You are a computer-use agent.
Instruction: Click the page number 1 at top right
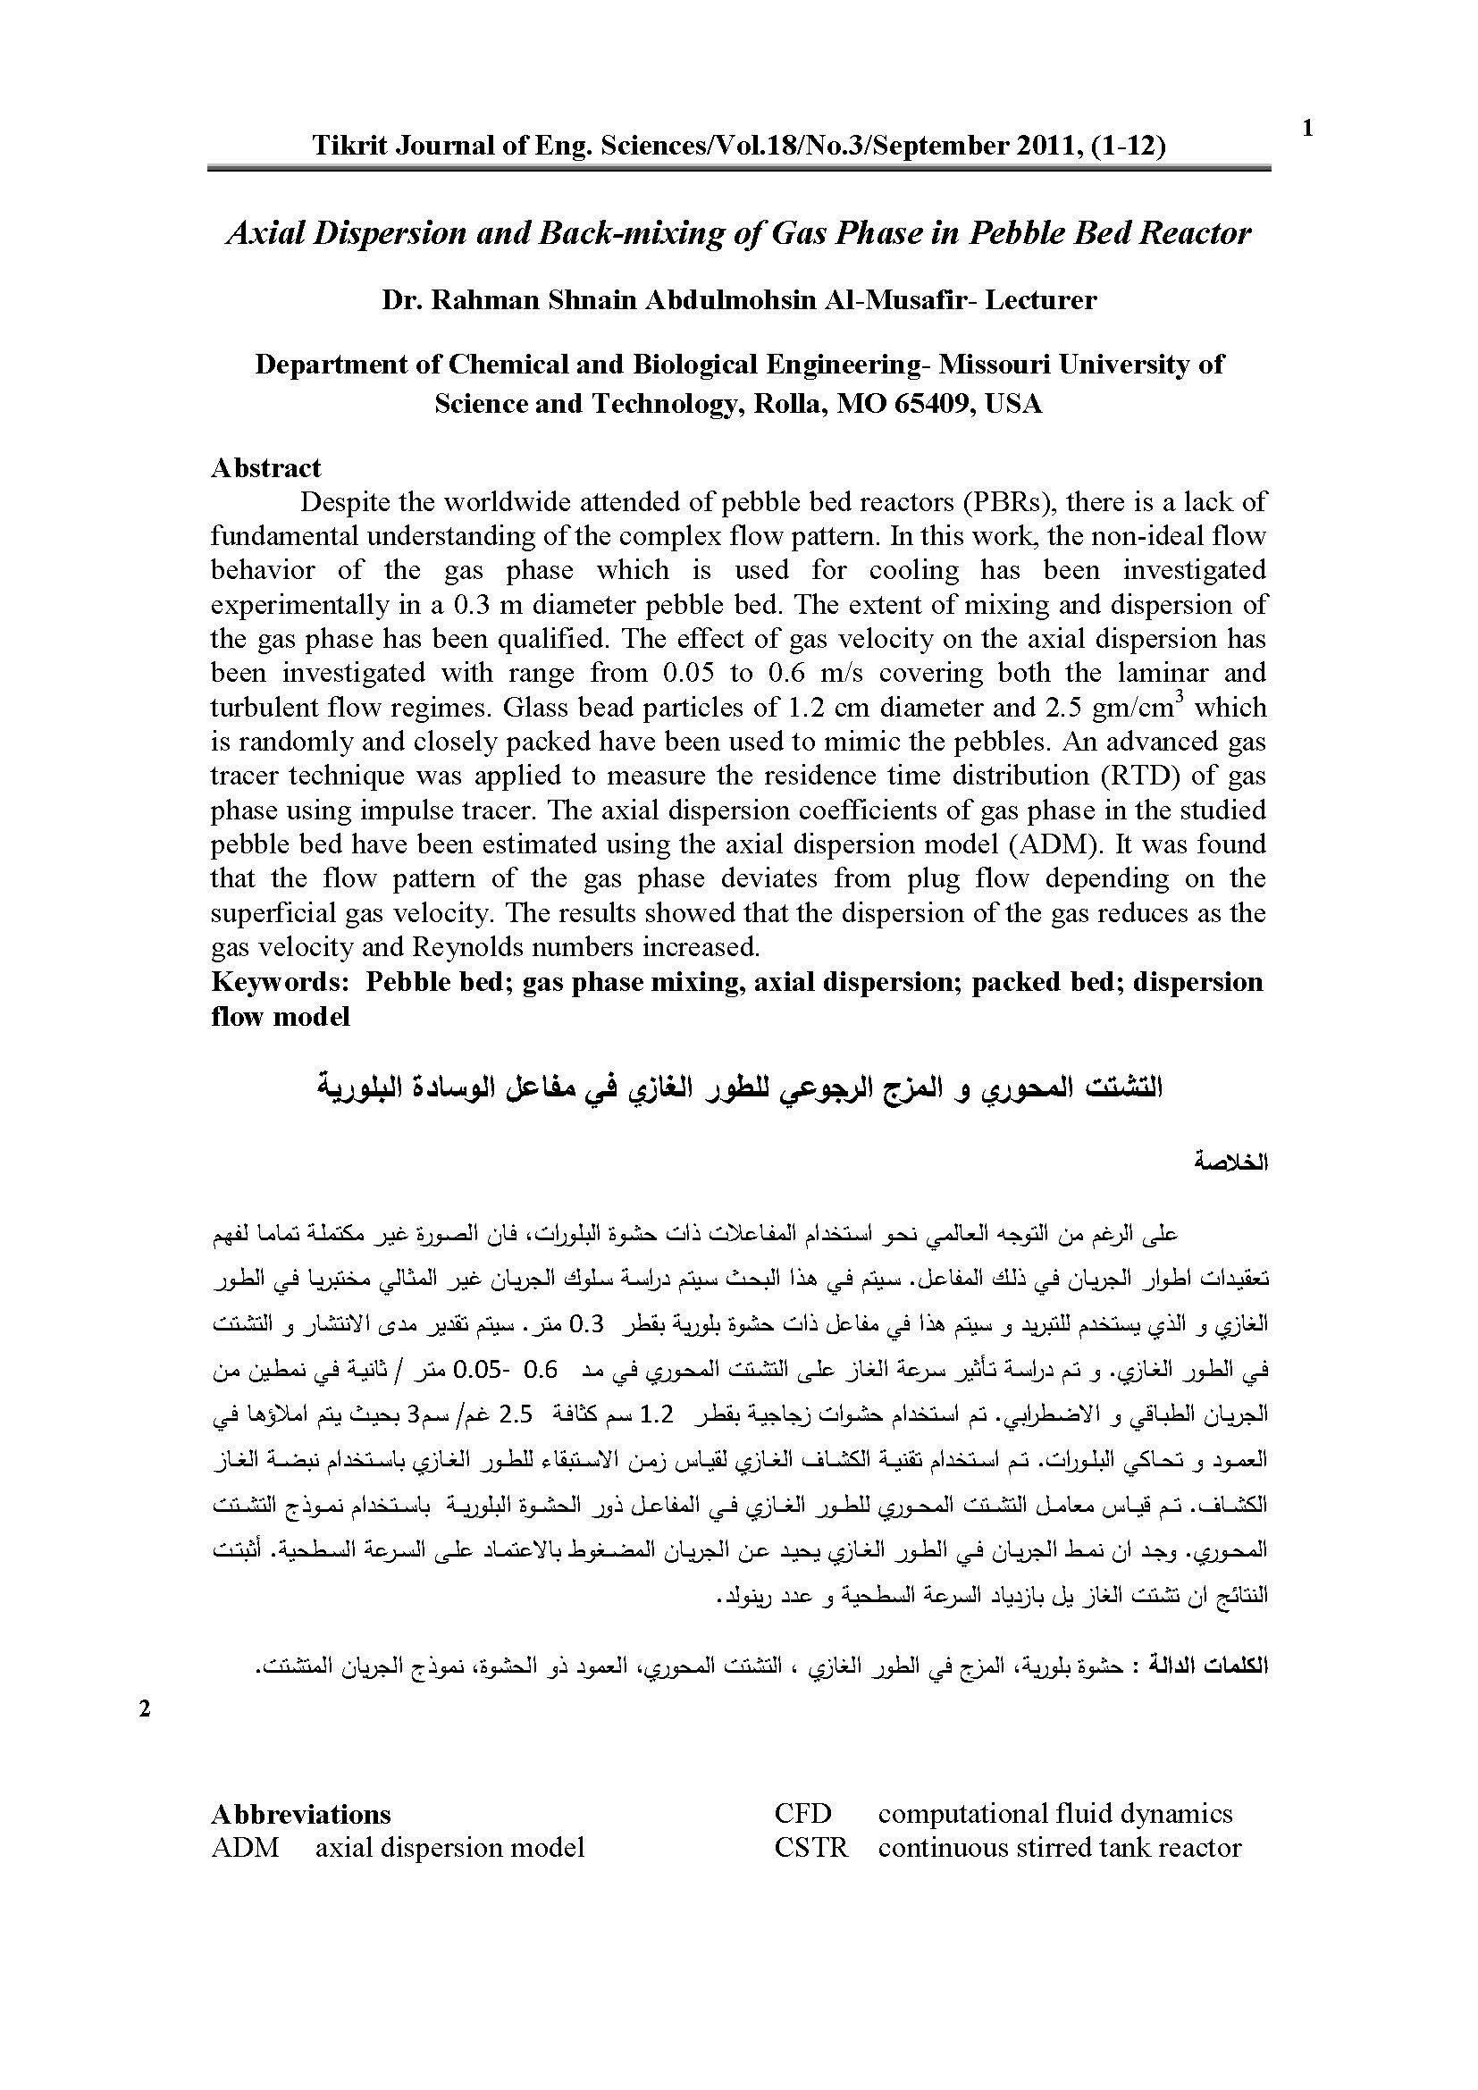click(x=1308, y=130)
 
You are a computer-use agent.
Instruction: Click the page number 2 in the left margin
click(x=144, y=1708)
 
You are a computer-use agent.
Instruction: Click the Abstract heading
click(x=265, y=468)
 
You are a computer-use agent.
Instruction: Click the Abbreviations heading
click(x=301, y=1815)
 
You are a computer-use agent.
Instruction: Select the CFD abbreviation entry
click(x=802, y=1814)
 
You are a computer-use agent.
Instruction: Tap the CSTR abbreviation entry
click(x=810, y=1848)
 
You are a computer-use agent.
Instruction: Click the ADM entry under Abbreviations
click(x=245, y=1848)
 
